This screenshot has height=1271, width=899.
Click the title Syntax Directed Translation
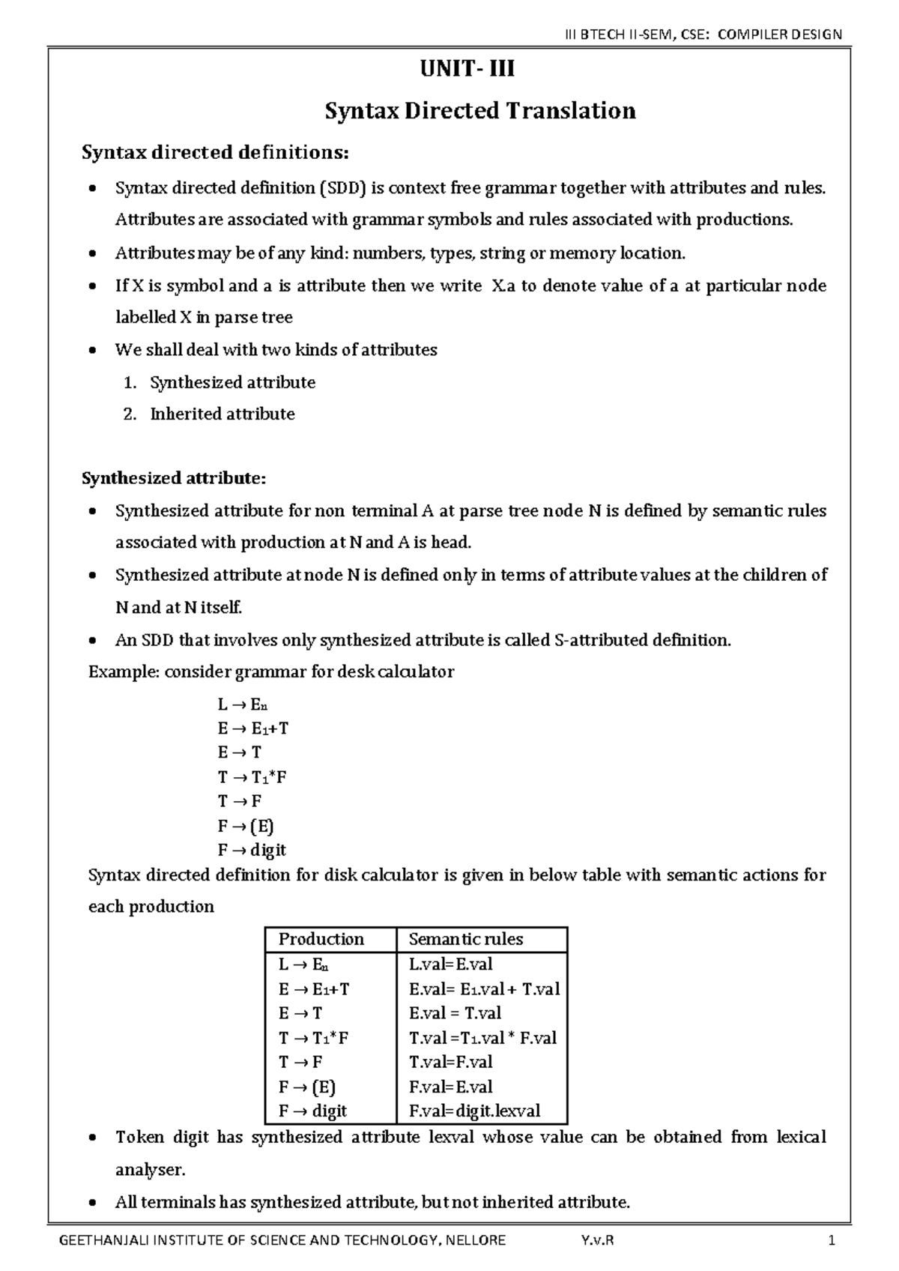click(479, 111)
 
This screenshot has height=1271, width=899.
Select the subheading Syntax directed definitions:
click(215, 153)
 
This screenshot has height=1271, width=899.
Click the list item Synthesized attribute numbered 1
click(232, 383)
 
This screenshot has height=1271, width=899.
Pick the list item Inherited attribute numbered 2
click(223, 414)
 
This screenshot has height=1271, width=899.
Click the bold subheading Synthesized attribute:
click(174, 478)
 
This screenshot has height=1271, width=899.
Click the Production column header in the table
click(321, 940)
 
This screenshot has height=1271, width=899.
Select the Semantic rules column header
click(465, 940)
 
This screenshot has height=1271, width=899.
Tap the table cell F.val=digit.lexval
click(474, 1111)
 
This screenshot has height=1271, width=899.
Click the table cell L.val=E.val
click(450, 964)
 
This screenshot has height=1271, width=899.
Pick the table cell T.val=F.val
click(450, 1062)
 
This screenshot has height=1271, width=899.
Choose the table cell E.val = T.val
click(455, 1013)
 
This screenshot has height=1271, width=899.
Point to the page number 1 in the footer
click(831, 1240)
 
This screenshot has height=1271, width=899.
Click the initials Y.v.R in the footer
click(596, 1240)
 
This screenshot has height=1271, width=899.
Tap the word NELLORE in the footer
click(475, 1240)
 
